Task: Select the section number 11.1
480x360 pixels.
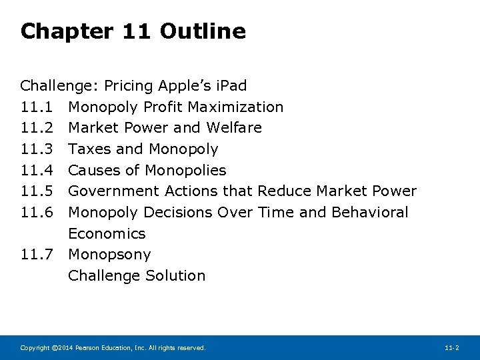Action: point(35,107)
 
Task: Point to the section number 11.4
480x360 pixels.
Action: point(35,170)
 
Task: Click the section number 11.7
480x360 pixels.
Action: point(35,255)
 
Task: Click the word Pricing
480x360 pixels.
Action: point(127,86)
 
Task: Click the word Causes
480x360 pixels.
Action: point(94,170)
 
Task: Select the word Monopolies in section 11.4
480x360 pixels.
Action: point(185,170)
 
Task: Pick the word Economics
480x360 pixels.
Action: point(107,233)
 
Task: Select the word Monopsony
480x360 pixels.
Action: point(109,255)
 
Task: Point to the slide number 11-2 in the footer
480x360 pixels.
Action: point(451,348)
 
